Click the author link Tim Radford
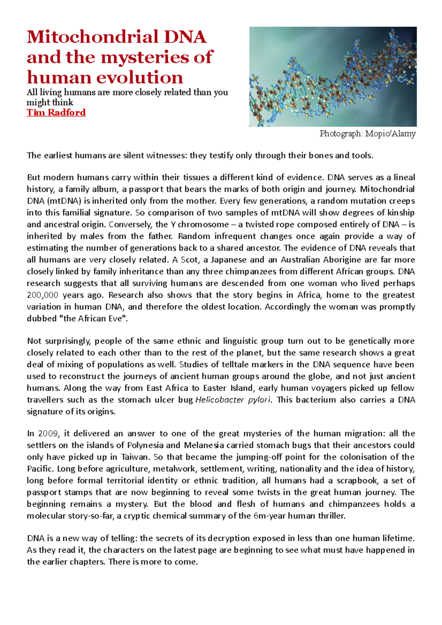[56, 113]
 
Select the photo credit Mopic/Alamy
[390, 134]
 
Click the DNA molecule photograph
[333, 77]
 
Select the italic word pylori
[259, 400]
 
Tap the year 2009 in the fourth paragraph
[48, 434]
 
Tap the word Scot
[190, 260]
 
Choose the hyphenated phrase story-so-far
[89, 516]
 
